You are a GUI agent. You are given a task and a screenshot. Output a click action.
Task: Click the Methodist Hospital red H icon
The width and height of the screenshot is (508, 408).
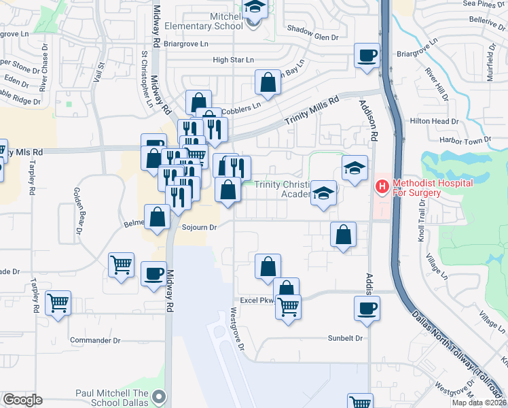point(382,185)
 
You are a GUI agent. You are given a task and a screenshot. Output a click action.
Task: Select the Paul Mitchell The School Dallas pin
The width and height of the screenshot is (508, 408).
point(159,395)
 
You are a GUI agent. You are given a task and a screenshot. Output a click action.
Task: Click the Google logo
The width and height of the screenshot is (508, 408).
point(22,400)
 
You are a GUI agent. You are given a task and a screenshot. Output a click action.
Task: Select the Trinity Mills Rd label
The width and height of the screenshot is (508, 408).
point(311,109)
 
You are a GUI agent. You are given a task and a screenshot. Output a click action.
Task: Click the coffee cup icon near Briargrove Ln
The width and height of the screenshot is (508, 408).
point(367,55)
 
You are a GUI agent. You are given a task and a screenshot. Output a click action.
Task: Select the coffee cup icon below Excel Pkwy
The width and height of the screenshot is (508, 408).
point(367,307)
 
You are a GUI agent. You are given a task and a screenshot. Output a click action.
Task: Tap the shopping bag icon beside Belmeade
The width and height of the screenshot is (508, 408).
point(157,218)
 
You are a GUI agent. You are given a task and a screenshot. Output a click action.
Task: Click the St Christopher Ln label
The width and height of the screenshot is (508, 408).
point(146,79)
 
